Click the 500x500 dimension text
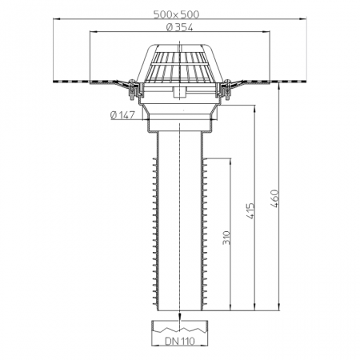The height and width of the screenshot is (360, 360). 176,14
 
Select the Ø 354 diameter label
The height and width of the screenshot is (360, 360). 179,27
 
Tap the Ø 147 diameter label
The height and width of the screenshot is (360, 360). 122,115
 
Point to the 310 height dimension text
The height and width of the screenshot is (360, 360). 226,238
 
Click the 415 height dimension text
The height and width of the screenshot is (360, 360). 250,211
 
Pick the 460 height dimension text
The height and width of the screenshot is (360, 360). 274,198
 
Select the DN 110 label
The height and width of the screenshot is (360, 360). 180,341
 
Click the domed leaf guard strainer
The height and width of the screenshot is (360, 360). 180,63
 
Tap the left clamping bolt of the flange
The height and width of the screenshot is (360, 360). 131,90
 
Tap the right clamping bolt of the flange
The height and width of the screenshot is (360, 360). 228,90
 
